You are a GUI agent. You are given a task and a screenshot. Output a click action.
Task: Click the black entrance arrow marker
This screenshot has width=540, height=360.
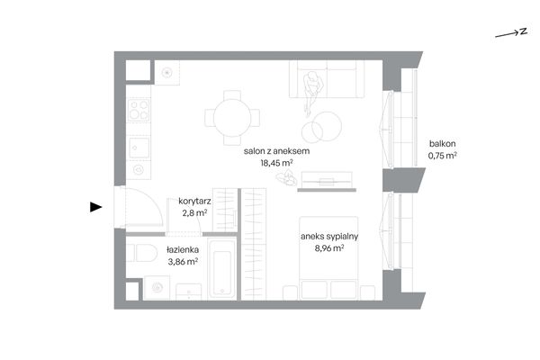[95, 207]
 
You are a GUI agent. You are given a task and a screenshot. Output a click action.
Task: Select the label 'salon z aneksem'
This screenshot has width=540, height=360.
[276, 151]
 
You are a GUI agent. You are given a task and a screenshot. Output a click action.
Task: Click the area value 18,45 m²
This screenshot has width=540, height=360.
[276, 163]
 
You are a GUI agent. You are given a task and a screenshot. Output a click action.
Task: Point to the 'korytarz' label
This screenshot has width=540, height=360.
[194, 201]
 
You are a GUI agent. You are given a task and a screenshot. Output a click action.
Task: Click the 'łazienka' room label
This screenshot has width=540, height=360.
[183, 249]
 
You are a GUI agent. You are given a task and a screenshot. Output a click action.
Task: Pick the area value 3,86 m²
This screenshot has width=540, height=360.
[183, 262]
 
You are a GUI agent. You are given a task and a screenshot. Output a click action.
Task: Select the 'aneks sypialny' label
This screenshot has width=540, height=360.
[329, 237]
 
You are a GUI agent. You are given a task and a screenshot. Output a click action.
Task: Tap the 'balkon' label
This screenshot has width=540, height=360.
[442, 144]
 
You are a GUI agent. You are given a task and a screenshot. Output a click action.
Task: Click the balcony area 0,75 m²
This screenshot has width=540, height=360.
[442, 156]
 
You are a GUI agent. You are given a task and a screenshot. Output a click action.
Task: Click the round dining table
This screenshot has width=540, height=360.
[232, 118]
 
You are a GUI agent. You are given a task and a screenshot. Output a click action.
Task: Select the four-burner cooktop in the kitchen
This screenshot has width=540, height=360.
[139, 110]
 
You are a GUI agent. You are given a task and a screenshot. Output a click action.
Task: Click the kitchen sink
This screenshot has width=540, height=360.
[139, 148]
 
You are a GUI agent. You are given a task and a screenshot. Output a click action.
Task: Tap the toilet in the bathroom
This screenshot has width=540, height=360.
[142, 253]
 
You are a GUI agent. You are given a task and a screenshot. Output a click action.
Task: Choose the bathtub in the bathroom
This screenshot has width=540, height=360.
[221, 270]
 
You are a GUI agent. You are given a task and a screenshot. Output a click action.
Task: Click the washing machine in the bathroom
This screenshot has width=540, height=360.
[157, 287]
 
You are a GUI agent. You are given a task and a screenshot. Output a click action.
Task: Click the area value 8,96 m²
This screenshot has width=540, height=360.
[329, 248]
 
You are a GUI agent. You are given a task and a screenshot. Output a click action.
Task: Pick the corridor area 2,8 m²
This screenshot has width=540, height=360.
[194, 213]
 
